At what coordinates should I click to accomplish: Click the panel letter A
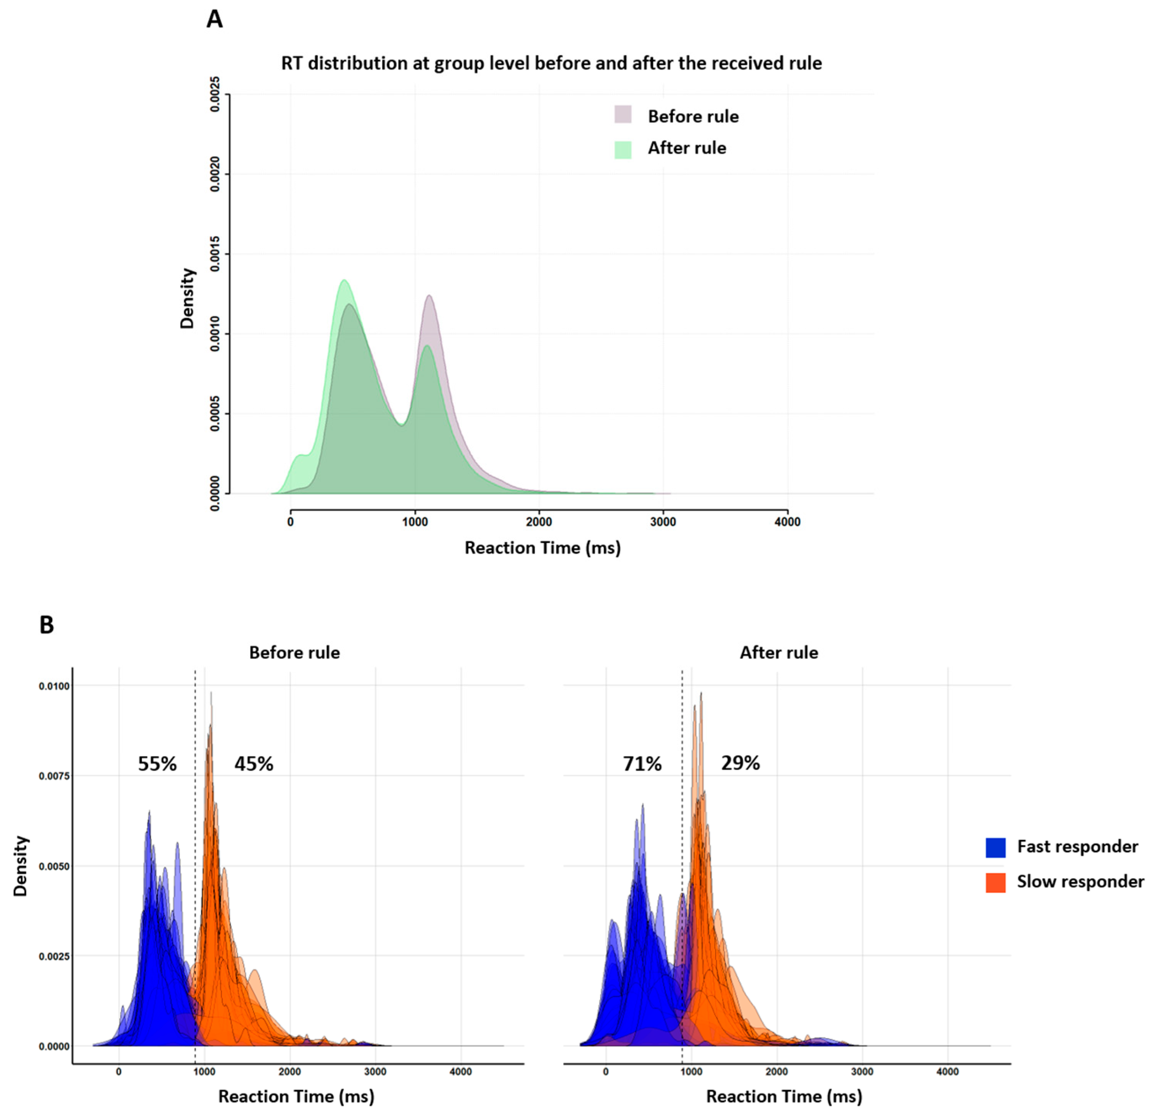[214, 20]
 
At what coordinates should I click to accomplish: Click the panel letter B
[47, 625]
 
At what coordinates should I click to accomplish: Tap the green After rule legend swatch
[623, 149]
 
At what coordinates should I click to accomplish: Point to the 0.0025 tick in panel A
[216, 94]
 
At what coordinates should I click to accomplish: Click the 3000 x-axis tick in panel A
[663, 522]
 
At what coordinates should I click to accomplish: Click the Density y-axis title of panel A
[188, 298]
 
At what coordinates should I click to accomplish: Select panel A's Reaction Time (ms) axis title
[542, 548]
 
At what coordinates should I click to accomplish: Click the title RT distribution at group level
[551, 63]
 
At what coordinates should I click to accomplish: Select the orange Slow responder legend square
[995, 882]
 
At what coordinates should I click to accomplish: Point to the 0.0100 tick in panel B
[54, 686]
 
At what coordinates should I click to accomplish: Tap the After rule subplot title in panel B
[779, 653]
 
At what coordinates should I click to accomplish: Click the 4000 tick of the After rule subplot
[948, 1072]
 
